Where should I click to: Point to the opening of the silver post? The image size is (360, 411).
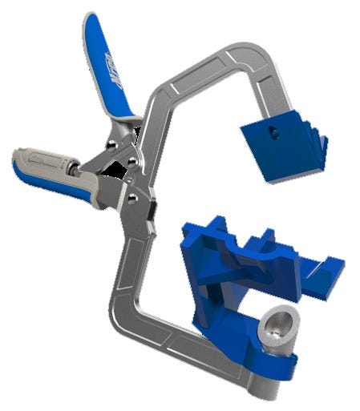coord(276,320)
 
